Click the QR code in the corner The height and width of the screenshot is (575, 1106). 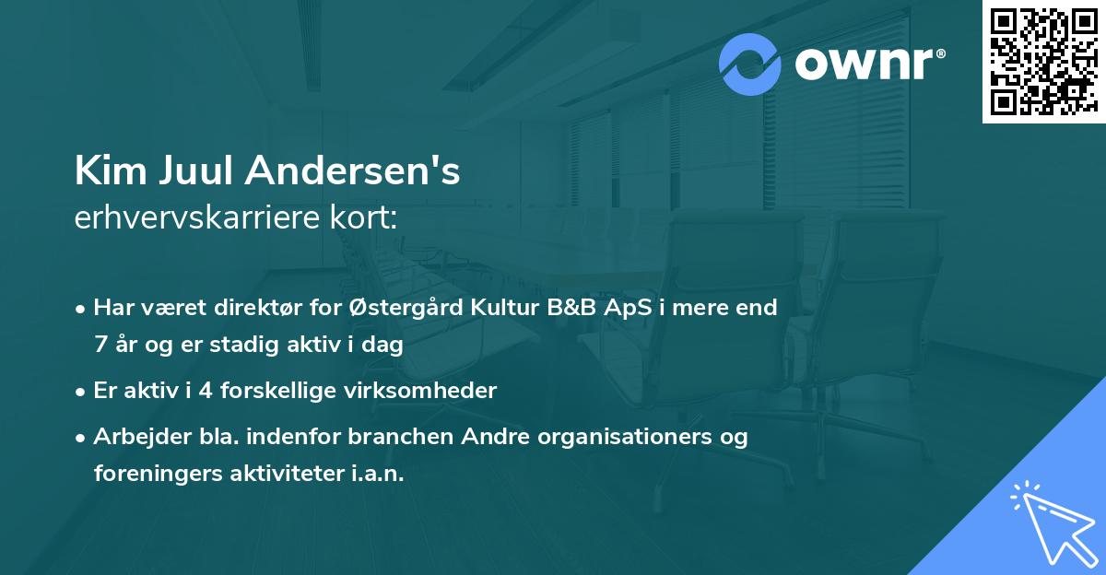pyautogui.click(x=1043, y=62)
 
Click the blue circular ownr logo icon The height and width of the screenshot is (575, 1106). pyautogui.click(x=750, y=64)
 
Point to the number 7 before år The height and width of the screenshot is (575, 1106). pyautogui.click(x=100, y=346)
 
